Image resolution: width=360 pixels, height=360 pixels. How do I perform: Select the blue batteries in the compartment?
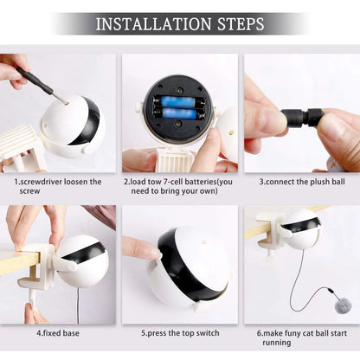(x=177, y=107)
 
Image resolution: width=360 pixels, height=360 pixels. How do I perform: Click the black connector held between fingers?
(x=305, y=117)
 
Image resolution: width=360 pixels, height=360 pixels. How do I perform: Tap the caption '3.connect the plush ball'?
(x=300, y=182)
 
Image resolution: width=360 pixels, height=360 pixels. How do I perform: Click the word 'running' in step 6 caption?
(x=300, y=342)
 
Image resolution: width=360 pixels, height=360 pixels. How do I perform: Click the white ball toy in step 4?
(x=82, y=260)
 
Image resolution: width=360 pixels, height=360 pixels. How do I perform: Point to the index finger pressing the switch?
(x=140, y=249)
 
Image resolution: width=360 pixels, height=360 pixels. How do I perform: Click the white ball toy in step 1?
(x=74, y=125)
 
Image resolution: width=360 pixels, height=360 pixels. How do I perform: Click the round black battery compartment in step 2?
(x=177, y=108)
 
